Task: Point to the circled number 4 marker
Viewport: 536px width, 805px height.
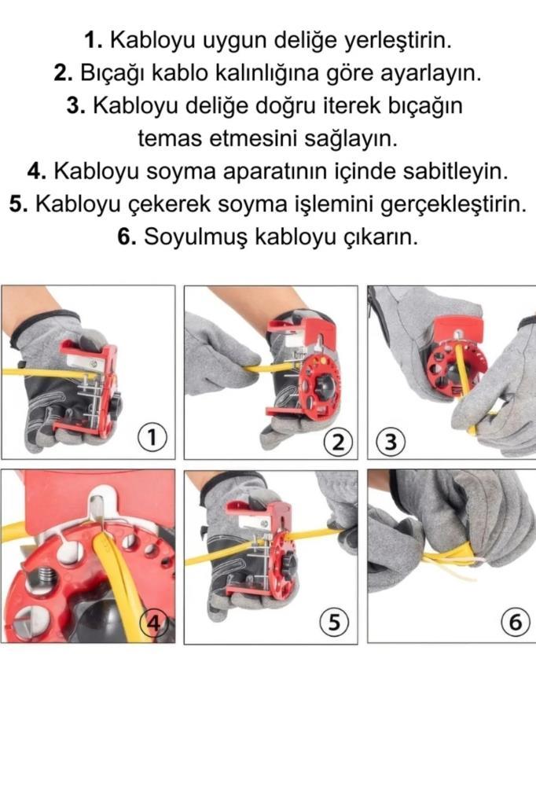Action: pyautogui.click(x=155, y=623)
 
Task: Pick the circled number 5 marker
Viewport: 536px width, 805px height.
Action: pyautogui.click(x=334, y=623)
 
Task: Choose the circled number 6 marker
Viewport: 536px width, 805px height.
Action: pyautogui.click(x=515, y=623)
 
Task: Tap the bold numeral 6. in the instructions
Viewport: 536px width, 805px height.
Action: pyautogui.click(x=127, y=238)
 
